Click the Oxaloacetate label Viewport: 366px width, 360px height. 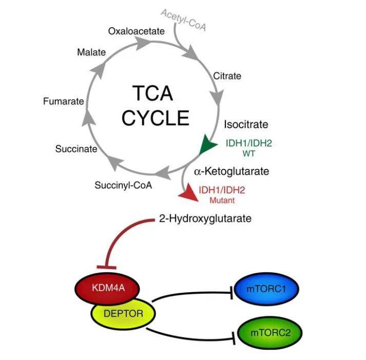[136, 31]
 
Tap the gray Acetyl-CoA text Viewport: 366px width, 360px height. [184, 20]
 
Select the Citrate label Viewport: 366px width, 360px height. [227, 76]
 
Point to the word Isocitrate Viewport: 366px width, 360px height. [246, 124]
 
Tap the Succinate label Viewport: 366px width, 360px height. [76, 149]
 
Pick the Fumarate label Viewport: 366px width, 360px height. [64, 101]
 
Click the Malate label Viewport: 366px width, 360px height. [91, 52]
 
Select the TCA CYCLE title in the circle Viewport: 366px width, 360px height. [154, 106]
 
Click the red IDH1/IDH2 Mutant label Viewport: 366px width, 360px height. [222, 194]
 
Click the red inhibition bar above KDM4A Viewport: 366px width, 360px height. [106, 266]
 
